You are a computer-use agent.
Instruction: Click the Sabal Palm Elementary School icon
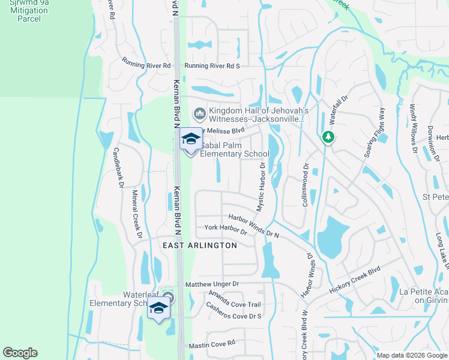191,139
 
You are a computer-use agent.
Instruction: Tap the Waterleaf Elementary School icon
158,308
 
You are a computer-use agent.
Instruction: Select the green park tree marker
328,137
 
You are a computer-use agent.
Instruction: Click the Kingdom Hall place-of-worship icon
199,113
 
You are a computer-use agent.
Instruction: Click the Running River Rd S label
212,66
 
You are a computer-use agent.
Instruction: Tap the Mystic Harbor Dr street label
261,188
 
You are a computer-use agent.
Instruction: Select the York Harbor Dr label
226,229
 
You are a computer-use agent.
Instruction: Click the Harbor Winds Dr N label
254,226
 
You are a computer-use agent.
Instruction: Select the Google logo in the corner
20,353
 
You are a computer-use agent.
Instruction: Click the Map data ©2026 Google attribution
411,355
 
